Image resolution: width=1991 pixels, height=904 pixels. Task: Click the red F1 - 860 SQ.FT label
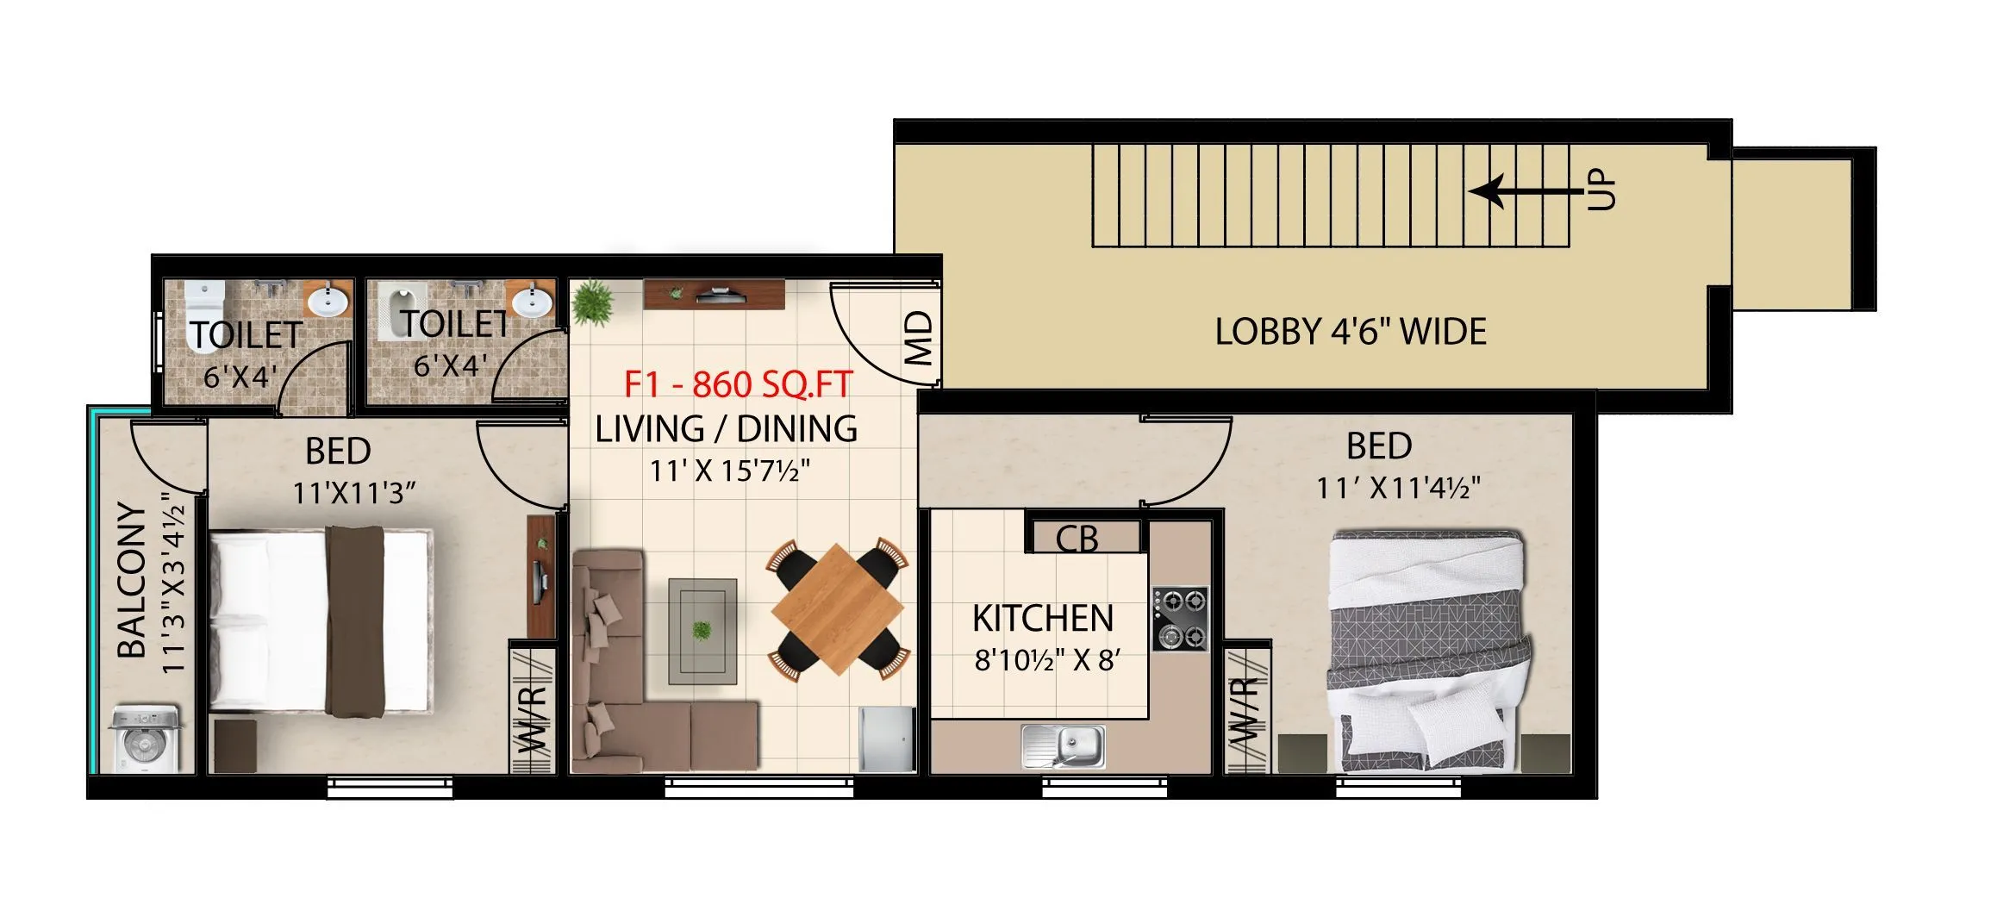tap(738, 384)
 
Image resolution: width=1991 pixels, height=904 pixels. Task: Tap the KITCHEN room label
tap(1043, 619)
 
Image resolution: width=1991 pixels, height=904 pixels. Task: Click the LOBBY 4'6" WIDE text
tap(1351, 332)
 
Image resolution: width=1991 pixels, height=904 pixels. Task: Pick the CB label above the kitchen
tap(1077, 539)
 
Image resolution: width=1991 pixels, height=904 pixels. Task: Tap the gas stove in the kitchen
tap(1180, 618)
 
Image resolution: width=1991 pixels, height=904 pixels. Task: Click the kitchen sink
tap(1064, 745)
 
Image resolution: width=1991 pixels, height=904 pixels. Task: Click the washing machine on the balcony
tap(144, 740)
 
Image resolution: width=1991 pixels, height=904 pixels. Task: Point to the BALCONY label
tap(132, 580)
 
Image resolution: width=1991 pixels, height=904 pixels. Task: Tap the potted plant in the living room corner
tap(593, 302)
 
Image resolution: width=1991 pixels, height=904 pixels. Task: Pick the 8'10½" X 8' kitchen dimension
tap(1046, 660)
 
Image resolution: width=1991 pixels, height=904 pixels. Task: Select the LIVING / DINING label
tap(726, 428)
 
